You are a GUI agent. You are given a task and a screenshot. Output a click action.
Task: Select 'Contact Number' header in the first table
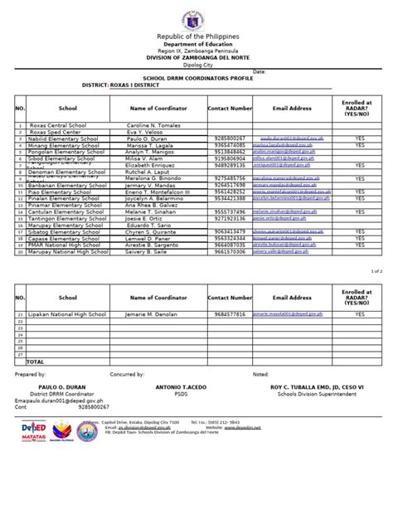click(x=230, y=108)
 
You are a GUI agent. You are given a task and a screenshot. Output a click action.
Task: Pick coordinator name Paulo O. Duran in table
click(x=148, y=138)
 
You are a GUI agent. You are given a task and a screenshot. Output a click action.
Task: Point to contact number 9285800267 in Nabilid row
click(x=230, y=138)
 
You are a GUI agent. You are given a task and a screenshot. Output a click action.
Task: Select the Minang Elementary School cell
click(x=62, y=144)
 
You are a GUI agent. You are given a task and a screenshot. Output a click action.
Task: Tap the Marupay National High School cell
click(x=65, y=251)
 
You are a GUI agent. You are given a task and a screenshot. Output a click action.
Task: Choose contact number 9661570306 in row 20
click(x=230, y=251)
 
